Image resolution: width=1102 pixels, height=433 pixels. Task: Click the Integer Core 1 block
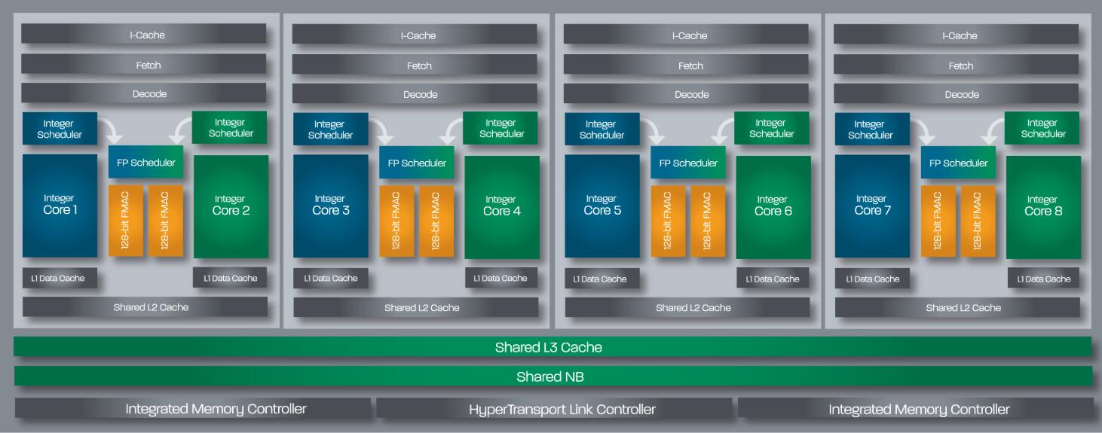pyautogui.click(x=60, y=205)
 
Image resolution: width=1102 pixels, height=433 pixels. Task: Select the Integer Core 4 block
pyautogui.click(x=501, y=206)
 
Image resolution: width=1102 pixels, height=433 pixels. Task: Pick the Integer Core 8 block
pyautogui.click(x=1043, y=206)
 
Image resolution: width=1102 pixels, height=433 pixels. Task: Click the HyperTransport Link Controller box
pyautogui.click(x=553, y=409)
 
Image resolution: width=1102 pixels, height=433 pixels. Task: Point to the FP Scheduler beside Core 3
pyautogui.click(x=417, y=163)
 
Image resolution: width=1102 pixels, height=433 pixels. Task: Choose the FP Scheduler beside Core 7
pyautogui.click(x=958, y=163)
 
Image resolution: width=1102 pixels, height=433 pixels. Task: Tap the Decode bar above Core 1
pyautogui.click(x=143, y=93)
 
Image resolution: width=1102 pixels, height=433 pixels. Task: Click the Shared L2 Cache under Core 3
pyautogui.click(x=416, y=307)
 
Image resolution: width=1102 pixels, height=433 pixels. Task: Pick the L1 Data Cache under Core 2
pyautogui.click(x=230, y=278)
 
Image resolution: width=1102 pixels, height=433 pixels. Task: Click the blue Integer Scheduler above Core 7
pyautogui.click(x=870, y=130)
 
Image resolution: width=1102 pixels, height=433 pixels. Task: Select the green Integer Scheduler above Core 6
pyautogui.click(x=771, y=128)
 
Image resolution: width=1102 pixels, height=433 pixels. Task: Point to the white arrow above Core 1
pyautogui.click(x=114, y=132)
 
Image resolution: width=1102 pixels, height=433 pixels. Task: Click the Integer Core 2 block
pyautogui.click(x=231, y=206)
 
